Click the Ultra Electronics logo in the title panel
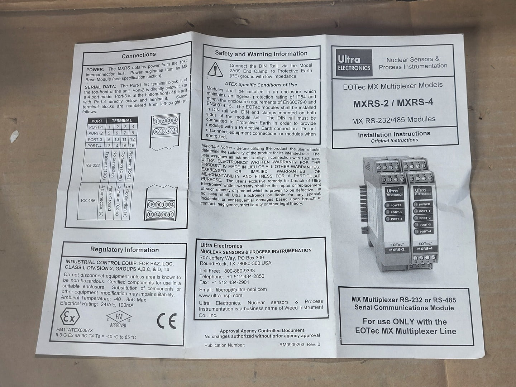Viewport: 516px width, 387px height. pyautogui.click(x=354, y=63)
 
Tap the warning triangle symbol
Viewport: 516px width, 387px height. pyautogui.click(x=215, y=70)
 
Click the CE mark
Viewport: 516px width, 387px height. pyautogui.click(x=167, y=321)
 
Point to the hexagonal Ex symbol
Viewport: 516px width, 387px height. pyautogui.click(x=70, y=317)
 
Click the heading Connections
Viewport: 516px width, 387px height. pyautogui.click(x=139, y=55)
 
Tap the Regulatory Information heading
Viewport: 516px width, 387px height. pyautogui.click(x=125, y=250)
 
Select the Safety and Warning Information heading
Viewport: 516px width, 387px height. pyautogui.click(x=261, y=53)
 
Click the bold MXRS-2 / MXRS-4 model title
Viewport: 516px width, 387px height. pyautogui.click(x=393, y=103)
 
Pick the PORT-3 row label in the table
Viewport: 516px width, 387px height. pyautogui.click(x=95, y=140)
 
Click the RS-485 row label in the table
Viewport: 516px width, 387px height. pyautogui.click(x=88, y=201)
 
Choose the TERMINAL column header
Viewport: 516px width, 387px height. pyautogui.click(x=122, y=120)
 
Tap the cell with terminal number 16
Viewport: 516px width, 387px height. pyautogui.click(x=132, y=145)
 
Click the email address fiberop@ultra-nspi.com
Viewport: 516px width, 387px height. pyautogui.click(x=241, y=290)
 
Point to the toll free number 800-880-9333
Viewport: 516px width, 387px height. pyautogui.click(x=239, y=271)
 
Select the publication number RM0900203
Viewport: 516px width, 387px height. pyautogui.click(x=291, y=344)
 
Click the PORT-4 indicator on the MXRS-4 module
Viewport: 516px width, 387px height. pyautogui.click(x=423, y=231)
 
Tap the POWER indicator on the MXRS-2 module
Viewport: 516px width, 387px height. pyautogui.click(x=395, y=205)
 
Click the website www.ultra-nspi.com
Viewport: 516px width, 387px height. pyautogui.click(x=220, y=295)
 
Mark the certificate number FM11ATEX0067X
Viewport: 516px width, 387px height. pyautogui.click(x=75, y=330)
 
